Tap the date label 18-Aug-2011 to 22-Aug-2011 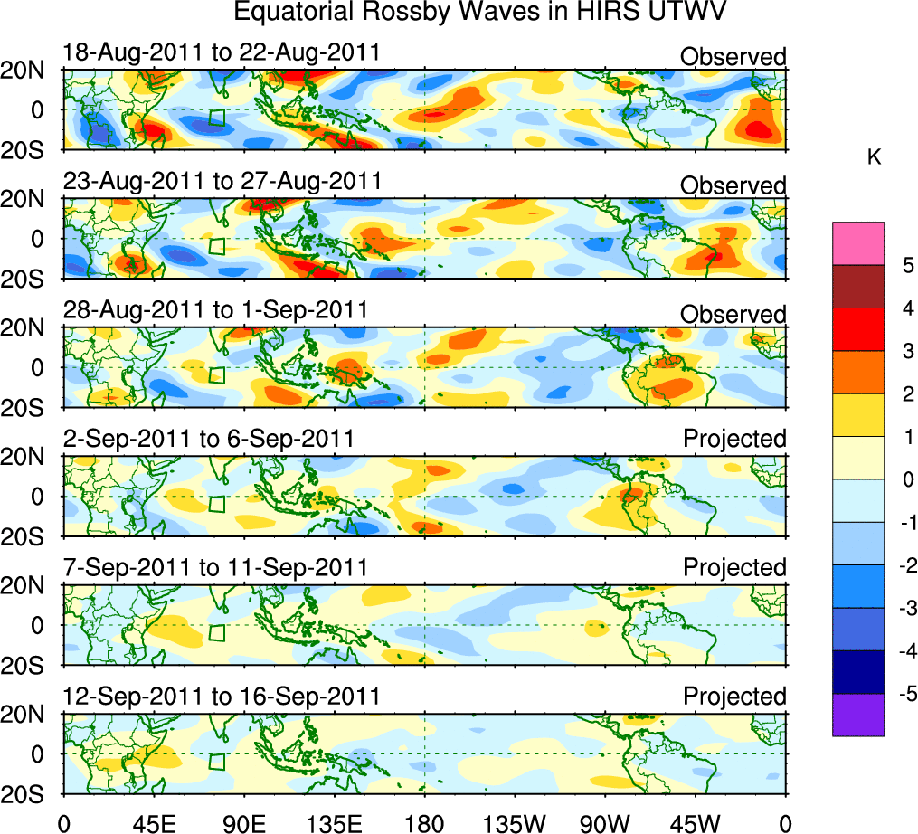coord(221,53)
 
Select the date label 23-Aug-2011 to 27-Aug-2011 coord(222,182)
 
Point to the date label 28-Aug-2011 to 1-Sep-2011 coord(215,310)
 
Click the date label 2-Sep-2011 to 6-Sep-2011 coord(208,439)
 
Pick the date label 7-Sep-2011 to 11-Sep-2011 coord(215,567)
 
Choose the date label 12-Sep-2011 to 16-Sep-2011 coord(222,697)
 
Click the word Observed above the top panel coord(733,57)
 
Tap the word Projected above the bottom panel coord(734,697)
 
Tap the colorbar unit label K coord(875,157)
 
